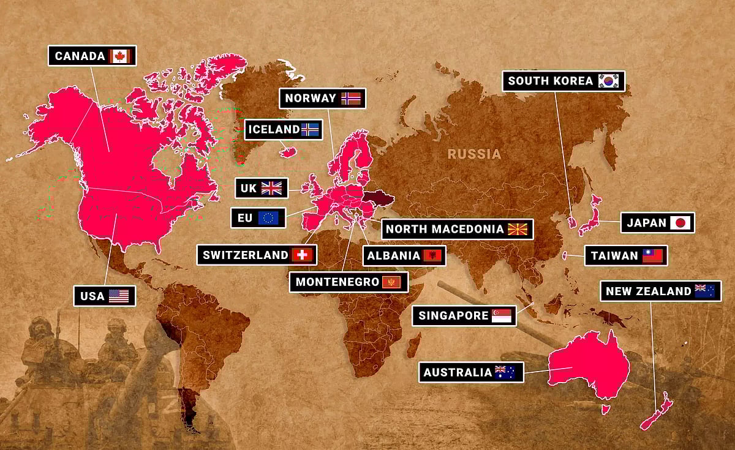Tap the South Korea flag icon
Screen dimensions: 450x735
(609, 81)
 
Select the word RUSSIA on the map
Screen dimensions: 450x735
(474, 154)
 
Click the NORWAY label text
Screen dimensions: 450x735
(311, 98)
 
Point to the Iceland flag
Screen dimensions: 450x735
(310, 129)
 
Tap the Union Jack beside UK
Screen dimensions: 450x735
(271, 188)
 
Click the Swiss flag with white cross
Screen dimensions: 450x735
(301, 255)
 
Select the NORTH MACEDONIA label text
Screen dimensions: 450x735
(445, 230)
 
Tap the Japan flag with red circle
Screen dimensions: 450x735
(680, 223)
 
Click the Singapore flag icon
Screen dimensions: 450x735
(501, 316)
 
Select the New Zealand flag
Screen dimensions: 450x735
(704, 291)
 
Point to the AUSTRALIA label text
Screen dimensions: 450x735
(458, 372)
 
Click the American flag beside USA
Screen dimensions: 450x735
(119, 296)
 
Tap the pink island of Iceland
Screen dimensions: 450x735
(288, 151)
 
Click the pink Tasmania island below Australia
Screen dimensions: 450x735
(606, 409)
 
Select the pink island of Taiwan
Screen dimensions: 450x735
(564, 255)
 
